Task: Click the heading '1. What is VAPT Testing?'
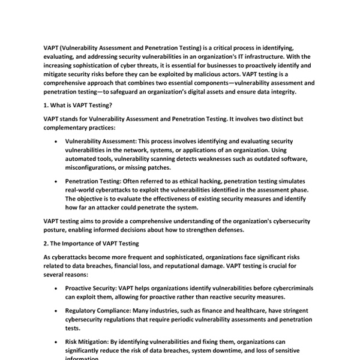[x=77, y=104]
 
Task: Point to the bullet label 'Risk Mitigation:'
[x=88, y=341]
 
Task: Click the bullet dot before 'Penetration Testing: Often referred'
[x=56, y=181]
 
